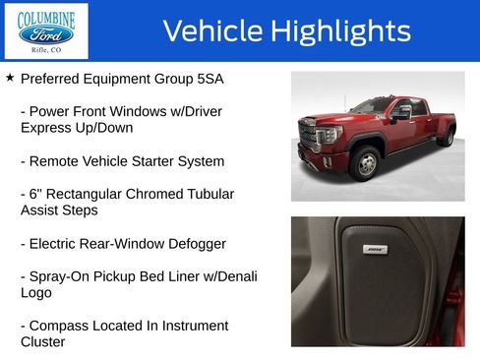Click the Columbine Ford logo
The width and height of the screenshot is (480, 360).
pos(45,30)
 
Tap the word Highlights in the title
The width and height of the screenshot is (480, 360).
pos(340,30)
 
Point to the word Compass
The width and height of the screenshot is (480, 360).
pos(61,326)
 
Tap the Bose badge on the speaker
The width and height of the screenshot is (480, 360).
pos(375,250)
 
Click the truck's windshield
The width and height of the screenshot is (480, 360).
pos(372,107)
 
